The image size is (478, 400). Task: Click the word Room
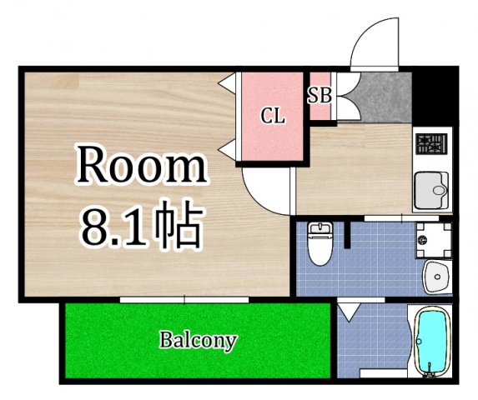click(x=141, y=167)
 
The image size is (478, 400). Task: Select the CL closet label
click(x=272, y=116)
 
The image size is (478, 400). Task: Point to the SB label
click(x=320, y=94)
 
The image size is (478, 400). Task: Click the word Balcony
click(x=199, y=340)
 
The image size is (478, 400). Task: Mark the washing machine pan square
click(x=433, y=238)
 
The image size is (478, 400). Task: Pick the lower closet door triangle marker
click(x=226, y=149)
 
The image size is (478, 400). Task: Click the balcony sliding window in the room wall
click(x=184, y=297)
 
